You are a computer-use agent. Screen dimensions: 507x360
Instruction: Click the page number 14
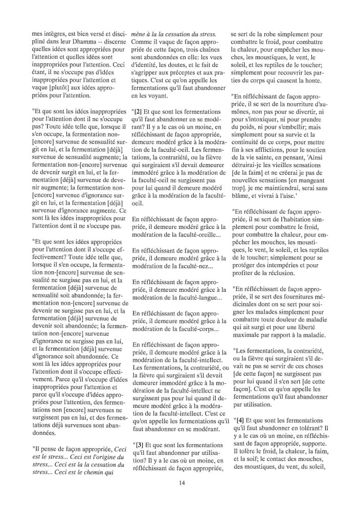(182, 483)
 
